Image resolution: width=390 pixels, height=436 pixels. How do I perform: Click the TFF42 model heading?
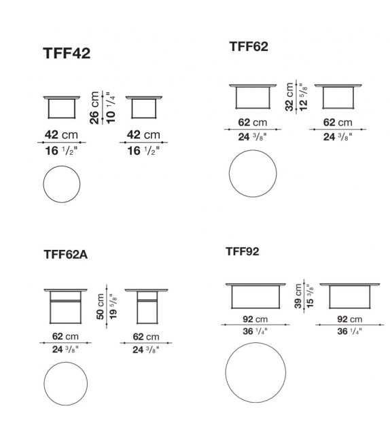pos(67,54)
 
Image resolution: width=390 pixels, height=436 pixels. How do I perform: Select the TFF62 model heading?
pos(249,47)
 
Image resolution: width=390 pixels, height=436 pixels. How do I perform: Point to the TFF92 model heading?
pos(243,252)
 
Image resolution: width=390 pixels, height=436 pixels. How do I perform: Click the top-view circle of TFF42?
pos(61,183)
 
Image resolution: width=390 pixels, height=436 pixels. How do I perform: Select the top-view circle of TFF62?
pos(253,173)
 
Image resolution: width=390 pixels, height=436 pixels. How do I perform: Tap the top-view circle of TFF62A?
pos(66,384)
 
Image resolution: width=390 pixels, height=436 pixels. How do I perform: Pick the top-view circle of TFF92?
pos(255,373)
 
